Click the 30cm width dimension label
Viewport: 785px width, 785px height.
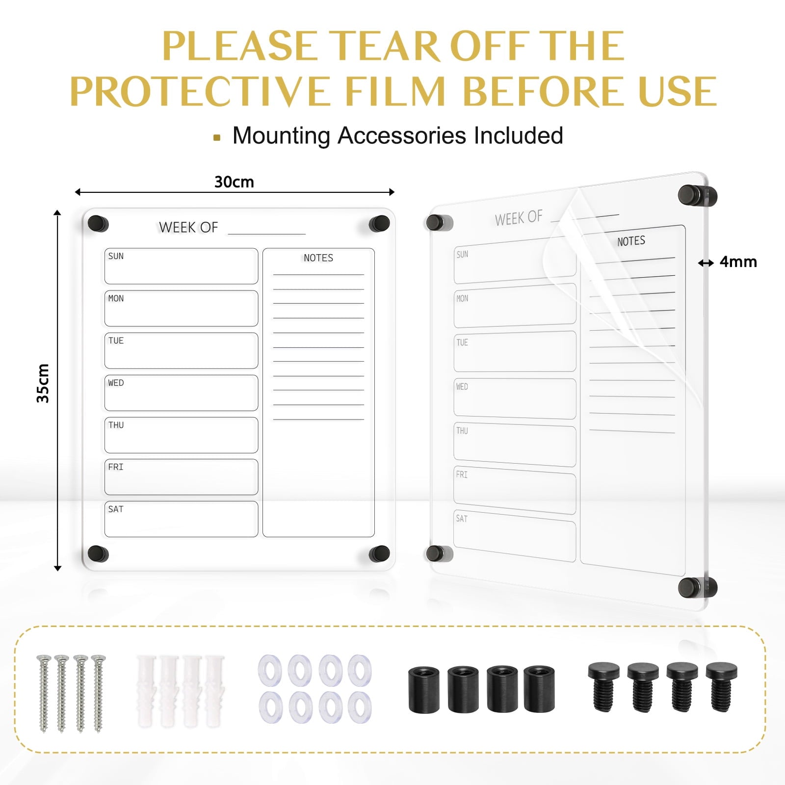(234, 182)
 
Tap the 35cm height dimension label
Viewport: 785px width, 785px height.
(43, 384)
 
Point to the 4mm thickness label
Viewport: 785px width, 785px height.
(738, 262)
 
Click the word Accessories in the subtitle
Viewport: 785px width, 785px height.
(402, 135)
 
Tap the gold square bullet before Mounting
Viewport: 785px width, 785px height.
(217, 138)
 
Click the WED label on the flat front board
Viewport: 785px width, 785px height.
(116, 383)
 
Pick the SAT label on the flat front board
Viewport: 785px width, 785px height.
(116, 509)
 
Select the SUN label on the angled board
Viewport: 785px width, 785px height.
(462, 254)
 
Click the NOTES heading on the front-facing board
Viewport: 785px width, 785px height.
(318, 258)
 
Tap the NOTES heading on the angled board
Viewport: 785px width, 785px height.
(631, 241)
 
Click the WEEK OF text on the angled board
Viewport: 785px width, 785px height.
(519, 218)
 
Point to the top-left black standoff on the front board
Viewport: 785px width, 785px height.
(98, 224)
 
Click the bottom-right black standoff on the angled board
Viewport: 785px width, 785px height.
(697, 587)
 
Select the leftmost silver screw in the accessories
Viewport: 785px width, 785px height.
(44, 693)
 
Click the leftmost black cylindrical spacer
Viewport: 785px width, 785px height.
(424, 689)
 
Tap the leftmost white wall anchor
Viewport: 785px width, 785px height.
(146, 690)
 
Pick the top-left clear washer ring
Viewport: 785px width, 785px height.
(269, 669)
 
